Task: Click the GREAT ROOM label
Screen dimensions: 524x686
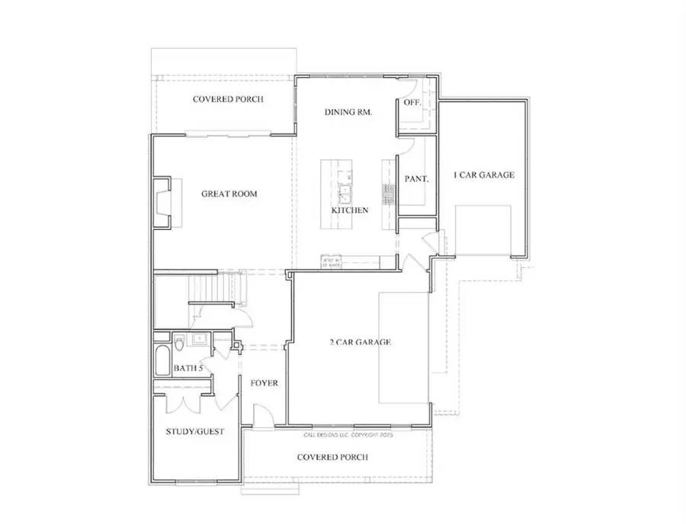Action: click(x=229, y=194)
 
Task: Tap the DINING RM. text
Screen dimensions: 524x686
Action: click(x=348, y=113)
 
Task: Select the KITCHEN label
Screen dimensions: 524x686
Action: click(x=350, y=210)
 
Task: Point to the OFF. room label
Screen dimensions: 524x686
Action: click(x=413, y=102)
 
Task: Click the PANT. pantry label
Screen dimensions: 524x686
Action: click(x=416, y=180)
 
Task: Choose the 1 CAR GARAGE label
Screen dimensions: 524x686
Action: click(x=484, y=175)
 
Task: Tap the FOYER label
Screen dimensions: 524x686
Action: click(x=264, y=383)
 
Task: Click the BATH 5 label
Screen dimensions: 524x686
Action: click(x=188, y=369)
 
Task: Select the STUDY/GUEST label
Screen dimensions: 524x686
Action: click(x=195, y=432)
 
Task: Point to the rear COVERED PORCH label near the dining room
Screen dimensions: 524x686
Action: click(x=228, y=100)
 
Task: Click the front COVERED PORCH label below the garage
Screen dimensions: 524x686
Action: click(x=332, y=458)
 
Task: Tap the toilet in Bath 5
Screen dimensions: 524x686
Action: click(x=178, y=344)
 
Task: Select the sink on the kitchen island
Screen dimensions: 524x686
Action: click(x=345, y=187)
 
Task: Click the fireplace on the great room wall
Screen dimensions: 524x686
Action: click(x=162, y=203)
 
